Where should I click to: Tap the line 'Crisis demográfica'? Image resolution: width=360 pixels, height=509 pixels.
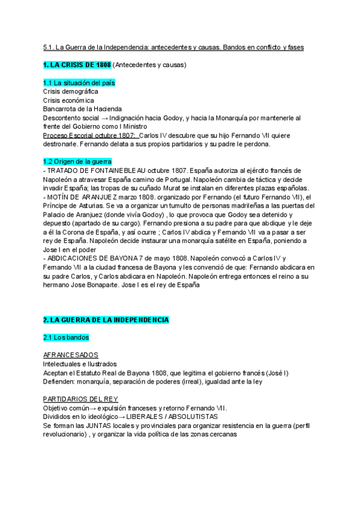(71, 91)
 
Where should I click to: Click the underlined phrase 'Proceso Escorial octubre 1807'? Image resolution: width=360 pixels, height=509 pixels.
(89, 136)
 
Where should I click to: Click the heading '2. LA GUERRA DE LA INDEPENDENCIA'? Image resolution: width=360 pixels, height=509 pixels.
(106, 320)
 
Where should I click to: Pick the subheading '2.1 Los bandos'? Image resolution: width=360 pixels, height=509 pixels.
(66, 337)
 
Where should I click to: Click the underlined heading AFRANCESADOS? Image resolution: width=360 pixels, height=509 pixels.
(71, 355)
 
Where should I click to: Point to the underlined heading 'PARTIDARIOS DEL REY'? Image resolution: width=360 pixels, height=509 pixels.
(80, 399)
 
